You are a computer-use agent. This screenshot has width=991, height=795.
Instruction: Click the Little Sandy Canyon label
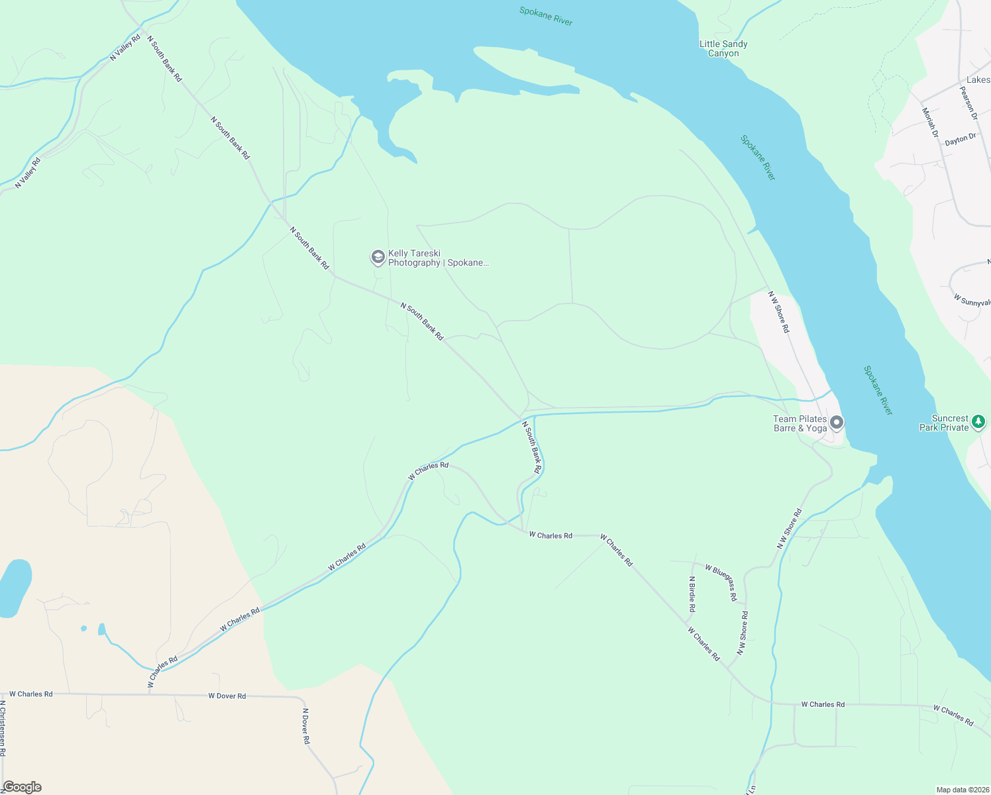723,48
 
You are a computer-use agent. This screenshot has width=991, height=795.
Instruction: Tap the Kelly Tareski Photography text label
438,258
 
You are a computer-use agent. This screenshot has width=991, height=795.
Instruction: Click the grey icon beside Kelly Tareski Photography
378,257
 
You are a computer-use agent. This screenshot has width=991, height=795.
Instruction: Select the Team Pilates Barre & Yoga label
800,423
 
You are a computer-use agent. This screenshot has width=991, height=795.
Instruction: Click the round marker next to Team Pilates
837,422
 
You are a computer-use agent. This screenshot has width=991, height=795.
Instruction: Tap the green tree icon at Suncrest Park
978,421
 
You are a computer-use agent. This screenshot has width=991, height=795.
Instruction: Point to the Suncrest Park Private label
944,423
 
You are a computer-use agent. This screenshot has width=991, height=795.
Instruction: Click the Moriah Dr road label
930,123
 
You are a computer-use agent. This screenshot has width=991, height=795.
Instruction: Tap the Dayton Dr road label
960,140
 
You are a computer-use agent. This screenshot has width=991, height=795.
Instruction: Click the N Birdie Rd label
692,594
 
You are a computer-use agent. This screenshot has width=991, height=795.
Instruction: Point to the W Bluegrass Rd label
721,582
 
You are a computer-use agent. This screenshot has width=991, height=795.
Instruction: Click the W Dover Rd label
227,696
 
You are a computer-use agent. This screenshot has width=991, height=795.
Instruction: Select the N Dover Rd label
306,726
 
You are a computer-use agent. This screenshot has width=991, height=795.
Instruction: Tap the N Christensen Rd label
3,728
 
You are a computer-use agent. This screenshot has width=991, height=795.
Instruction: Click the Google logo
22,787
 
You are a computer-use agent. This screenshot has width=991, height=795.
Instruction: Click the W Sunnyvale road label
972,301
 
